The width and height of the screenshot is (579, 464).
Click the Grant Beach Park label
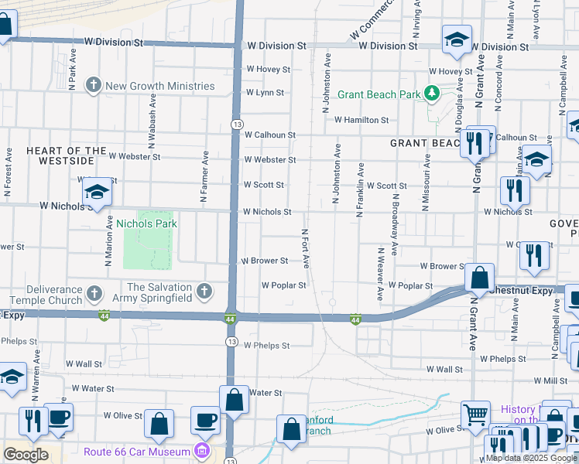pos(367,95)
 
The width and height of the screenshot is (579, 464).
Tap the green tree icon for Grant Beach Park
pos(431,95)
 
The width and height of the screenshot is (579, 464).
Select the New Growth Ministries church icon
pos(94,85)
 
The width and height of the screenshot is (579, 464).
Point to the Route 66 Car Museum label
pos(137,451)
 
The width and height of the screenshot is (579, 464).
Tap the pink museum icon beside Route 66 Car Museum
pos(202,450)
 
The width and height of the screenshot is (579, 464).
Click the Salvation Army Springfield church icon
pos(204,292)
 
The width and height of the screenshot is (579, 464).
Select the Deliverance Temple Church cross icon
pos(94,294)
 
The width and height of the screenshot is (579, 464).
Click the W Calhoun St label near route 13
pos(270,135)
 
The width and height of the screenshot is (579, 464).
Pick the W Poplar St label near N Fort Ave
pos(283,285)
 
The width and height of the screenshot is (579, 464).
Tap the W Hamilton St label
pos(361,120)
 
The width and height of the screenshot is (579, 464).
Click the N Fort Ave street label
pos(305,248)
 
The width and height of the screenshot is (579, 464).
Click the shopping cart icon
pos(476,415)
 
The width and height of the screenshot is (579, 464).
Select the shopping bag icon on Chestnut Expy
pos(480,278)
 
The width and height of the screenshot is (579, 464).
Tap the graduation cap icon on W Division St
pos(457,39)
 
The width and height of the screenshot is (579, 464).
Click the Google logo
pos(26,455)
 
